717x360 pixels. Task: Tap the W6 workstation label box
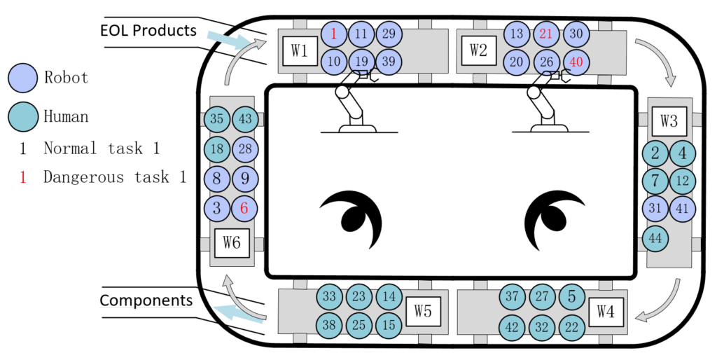click(232, 243)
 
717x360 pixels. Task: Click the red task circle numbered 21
click(547, 34)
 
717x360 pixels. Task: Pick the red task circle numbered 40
click(576, 62)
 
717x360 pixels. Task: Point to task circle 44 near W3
click(655, 238)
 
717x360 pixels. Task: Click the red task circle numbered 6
click(244, 208)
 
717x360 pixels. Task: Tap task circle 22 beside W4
click(571, 326)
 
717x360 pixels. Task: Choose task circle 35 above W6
click(217, 119)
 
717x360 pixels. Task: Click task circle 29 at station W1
click(389, 34)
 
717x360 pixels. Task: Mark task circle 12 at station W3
click(683, 181)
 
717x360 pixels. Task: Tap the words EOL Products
click(148, 31)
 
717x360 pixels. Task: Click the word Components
click(146, 300)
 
